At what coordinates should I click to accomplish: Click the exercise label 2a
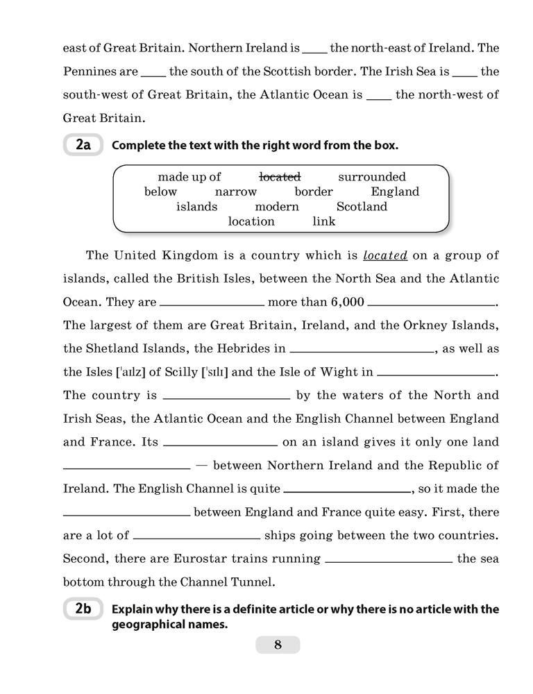click(83, 146)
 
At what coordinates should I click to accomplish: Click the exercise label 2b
click(83, 609)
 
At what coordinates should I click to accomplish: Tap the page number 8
click(278, 645)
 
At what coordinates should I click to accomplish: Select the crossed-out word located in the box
click(279, 177)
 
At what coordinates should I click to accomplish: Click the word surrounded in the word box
click(372, 177)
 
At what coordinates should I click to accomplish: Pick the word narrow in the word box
click(236, 192)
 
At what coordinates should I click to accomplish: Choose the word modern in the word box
click(277, 206)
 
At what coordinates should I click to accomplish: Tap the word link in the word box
click(324, 221)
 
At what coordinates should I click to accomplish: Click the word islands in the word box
click(196, 206)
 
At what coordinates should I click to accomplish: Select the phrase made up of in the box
click(189, 177)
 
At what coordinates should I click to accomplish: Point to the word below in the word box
click(160, 192)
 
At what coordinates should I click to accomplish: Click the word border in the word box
click(314, 192)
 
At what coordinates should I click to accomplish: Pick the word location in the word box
click(251, 221)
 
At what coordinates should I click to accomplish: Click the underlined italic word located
click(385, 255)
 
